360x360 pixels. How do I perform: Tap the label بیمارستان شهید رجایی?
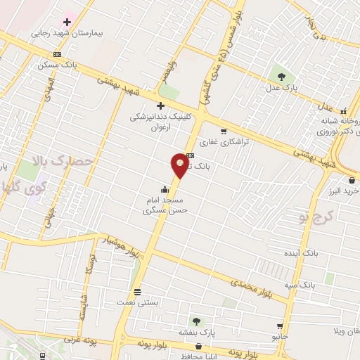(x=67, y=33)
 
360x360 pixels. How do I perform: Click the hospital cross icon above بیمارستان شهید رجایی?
(x=67, y=22)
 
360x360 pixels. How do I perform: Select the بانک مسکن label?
(x=57, y=65)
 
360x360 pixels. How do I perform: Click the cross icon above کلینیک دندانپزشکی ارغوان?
(x=160, y=105)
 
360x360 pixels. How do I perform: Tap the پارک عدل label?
(x=282, y=88)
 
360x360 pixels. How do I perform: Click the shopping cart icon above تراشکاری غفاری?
(x=224, y=131)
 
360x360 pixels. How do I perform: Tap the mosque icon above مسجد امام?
(x=165, y=189)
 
